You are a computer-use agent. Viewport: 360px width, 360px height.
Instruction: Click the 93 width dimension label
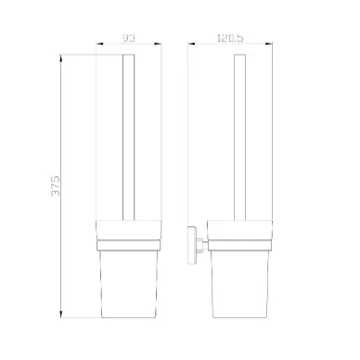pos(129,38)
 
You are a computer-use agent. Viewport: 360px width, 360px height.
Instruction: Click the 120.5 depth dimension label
pos(230,38)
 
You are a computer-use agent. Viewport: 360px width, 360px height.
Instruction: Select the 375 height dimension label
pos(56,186)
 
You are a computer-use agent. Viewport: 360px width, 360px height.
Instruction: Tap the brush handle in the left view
pos(129,137)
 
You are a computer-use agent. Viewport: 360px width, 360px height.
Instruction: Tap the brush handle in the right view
pos(240,137)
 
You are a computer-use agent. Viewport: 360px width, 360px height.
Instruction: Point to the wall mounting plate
pos(191,245)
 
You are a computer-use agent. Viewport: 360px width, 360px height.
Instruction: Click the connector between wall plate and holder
pos(201,245)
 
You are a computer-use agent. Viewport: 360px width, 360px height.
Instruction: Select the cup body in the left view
pos(129,284)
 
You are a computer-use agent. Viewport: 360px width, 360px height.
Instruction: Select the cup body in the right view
pos(240,284)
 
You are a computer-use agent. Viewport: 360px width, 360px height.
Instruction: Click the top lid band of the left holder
pos(129,230)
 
